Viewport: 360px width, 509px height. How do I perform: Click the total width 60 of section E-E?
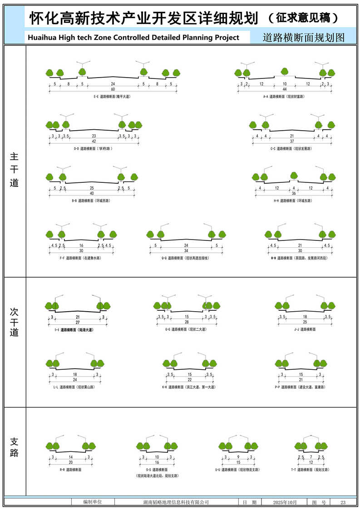tap(113, 89)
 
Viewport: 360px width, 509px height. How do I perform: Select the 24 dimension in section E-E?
tap(113, 84)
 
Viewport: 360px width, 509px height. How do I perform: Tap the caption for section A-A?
tap(284, 97)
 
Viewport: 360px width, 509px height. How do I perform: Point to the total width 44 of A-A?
tap(284, 89)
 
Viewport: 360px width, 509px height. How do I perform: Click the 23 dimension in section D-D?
tap(94, 136)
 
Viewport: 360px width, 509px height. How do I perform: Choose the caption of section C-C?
tap(293, 148)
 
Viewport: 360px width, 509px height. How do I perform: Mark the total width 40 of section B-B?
tap(92, 193)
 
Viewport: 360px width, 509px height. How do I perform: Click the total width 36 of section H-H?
tap(294, 193)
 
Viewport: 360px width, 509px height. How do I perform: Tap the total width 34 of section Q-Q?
tap(186, 251)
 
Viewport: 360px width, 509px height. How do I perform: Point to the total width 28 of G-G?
tap(187, 322)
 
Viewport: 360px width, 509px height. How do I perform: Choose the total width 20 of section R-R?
tap(70, 462)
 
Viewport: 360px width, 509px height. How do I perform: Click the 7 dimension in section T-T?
tap(311, 457)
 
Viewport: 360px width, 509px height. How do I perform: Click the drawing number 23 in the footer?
tap(343, 502)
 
